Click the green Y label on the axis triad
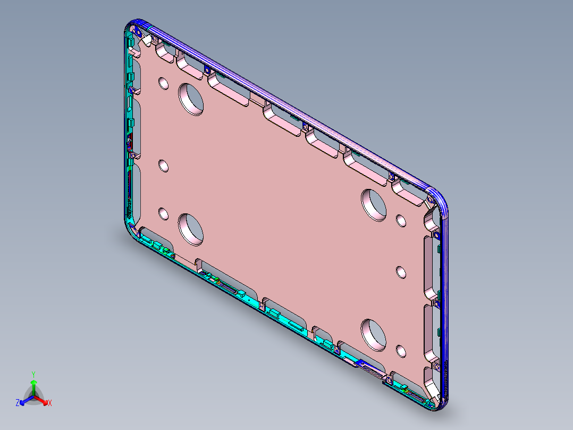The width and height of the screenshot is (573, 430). (33, 374)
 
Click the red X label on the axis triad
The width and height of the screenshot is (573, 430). (50, 403)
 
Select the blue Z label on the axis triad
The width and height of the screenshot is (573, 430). (18, 403)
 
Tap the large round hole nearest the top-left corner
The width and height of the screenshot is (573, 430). (191, 98)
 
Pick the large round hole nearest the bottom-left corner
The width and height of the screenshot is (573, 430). (191, 228)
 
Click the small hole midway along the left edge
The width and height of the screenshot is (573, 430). (163, 166)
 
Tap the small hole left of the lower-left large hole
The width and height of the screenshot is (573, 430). (163, 215)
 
